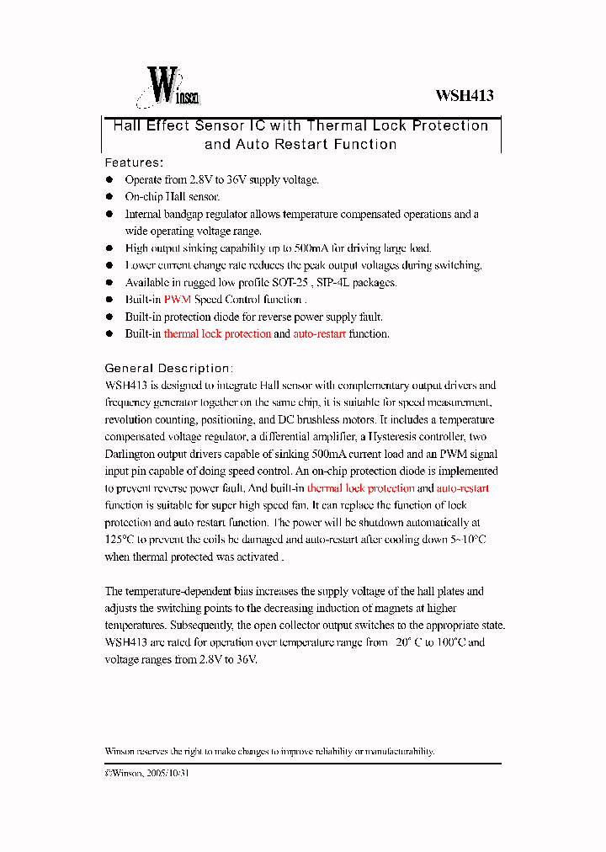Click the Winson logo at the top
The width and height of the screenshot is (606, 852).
pyautogui.click(x=168, y=88)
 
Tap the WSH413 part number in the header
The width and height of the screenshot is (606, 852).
pyautogui.click(x=464, y=95)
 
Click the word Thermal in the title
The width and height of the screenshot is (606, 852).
pyautogui.click(x=336, y=126)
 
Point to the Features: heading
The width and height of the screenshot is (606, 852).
pyautogui.click(x=134, y=162)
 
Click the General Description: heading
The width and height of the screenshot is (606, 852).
pyautogui.click(x=168, y=369)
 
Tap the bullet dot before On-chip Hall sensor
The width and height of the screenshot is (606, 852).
pyautogui.click(x=109, y=197)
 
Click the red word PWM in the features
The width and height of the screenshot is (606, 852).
pyautogui.click(x=178, y=300)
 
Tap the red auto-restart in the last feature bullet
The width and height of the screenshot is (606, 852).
pyautogui.click(x=319, y=334)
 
